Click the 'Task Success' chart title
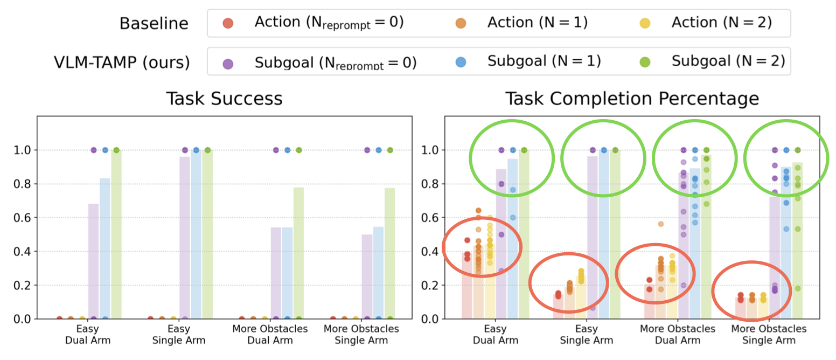(224, 99)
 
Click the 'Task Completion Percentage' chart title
(631, 99)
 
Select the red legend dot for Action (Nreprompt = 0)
(228, 23)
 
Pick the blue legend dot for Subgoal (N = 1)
(461, 63)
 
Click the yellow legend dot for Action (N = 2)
(645, 23)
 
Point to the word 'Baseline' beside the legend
(154, 24)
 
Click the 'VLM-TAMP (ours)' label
(122, 63)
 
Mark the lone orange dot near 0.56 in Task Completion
(660, 224)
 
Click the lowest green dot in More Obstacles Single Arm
(797, 288)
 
